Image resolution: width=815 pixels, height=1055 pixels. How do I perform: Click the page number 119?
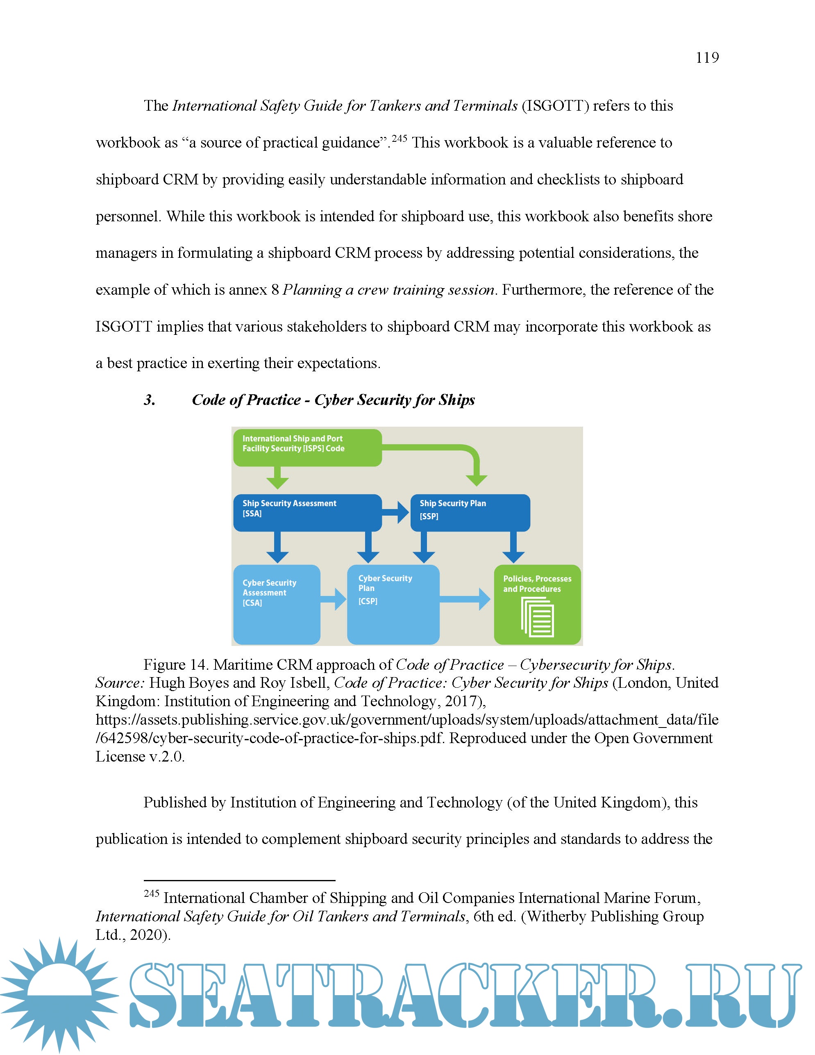coord(707,58)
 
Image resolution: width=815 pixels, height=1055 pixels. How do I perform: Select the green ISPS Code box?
coord(307,447)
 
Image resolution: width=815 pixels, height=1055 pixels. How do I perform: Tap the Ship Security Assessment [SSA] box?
coord(307,512)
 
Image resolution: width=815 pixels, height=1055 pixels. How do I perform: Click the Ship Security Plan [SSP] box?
coord(470,512)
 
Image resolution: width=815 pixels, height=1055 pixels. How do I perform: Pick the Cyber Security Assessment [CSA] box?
coord(276,604)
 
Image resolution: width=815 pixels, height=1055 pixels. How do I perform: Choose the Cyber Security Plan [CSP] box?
coord(393,604)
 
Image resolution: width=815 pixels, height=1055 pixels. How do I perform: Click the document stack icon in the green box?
coord(537,617)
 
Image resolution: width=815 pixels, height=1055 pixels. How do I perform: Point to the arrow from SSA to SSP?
coord(396,512)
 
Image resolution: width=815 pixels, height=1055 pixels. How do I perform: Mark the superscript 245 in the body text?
coord(399,139)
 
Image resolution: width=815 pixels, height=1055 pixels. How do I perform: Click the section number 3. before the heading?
coord(150,400)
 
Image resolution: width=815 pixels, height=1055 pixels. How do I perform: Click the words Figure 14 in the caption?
coord(175,665)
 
